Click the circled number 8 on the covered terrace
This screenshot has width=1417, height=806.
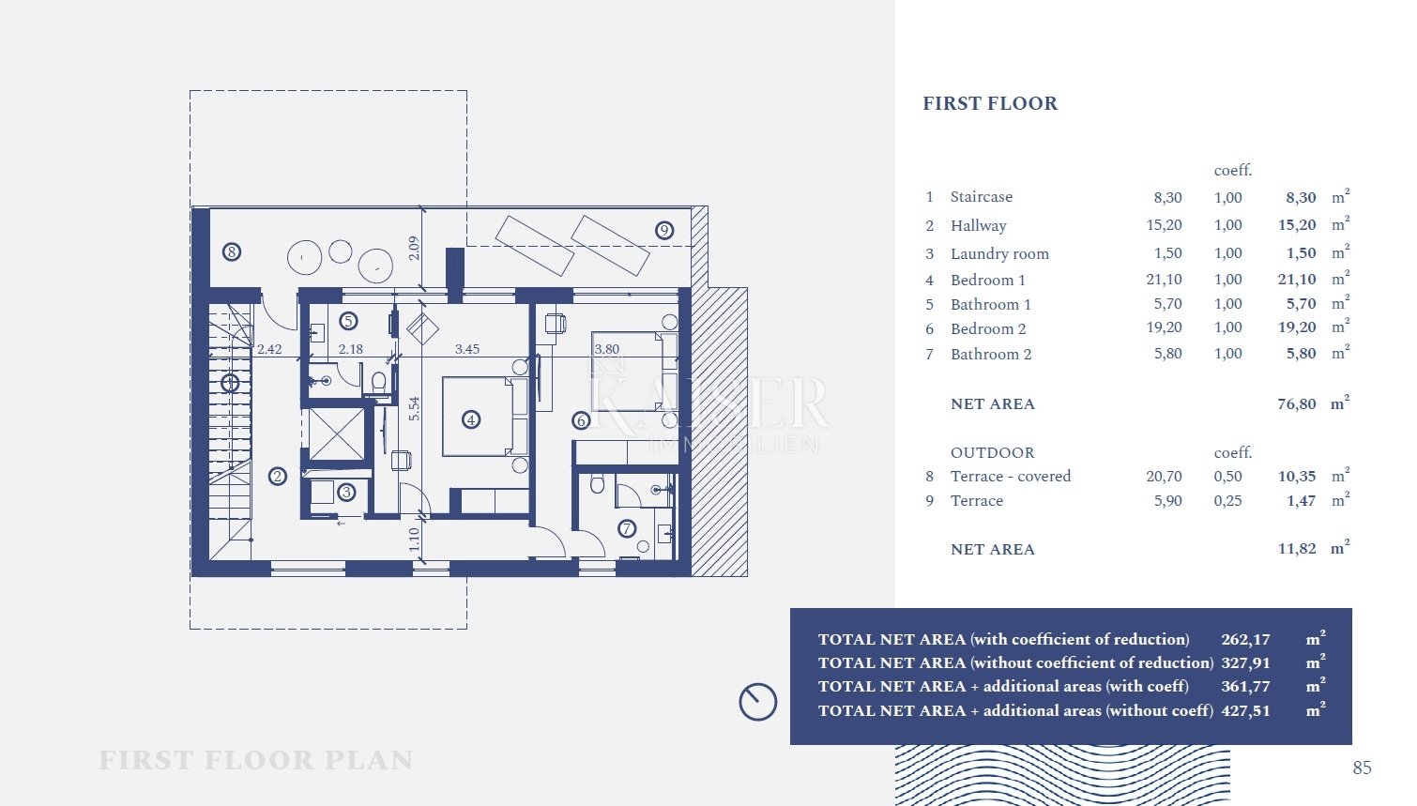[x=232, y=251]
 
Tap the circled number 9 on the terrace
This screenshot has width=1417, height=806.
[x=663, y=230]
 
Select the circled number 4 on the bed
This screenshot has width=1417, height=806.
[x=471, y=419]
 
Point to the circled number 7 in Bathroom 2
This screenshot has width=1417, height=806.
[x=626, y=528]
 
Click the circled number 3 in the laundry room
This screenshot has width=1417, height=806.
[x=346, y=493]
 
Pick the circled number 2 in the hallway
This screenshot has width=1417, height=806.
[x=277, y=477]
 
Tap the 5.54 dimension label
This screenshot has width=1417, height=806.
[x=414, y=408]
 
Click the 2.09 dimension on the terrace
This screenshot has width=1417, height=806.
[x=414, y=248]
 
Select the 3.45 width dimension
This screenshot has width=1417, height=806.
[x=466, y=349]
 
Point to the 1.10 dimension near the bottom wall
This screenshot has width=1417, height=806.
[x=414, y=539]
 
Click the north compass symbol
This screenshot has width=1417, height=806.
[x=758, y=702]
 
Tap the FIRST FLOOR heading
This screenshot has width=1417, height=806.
[x=990, y=103]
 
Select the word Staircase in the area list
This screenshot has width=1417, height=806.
[x=982, y=197]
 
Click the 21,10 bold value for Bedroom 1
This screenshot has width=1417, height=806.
[x=1296, y=279]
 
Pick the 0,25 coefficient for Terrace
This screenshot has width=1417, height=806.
[x=1227, y=500]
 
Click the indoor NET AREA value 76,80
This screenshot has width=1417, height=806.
[x=1296, y=403]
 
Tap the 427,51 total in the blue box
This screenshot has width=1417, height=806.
[x=1245, y=710]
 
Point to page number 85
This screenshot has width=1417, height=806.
[x=1362, y=768]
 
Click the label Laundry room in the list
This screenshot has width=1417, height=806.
[x=999, y=253]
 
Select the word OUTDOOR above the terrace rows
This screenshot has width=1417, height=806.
[x=992, y=452]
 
